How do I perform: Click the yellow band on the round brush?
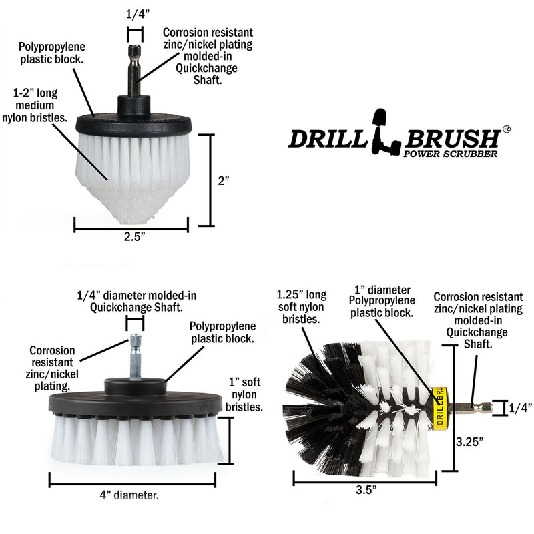pyautogui.click(x=439, y=408)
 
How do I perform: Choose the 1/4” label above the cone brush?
pyautogui.click(x=136, y=13)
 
